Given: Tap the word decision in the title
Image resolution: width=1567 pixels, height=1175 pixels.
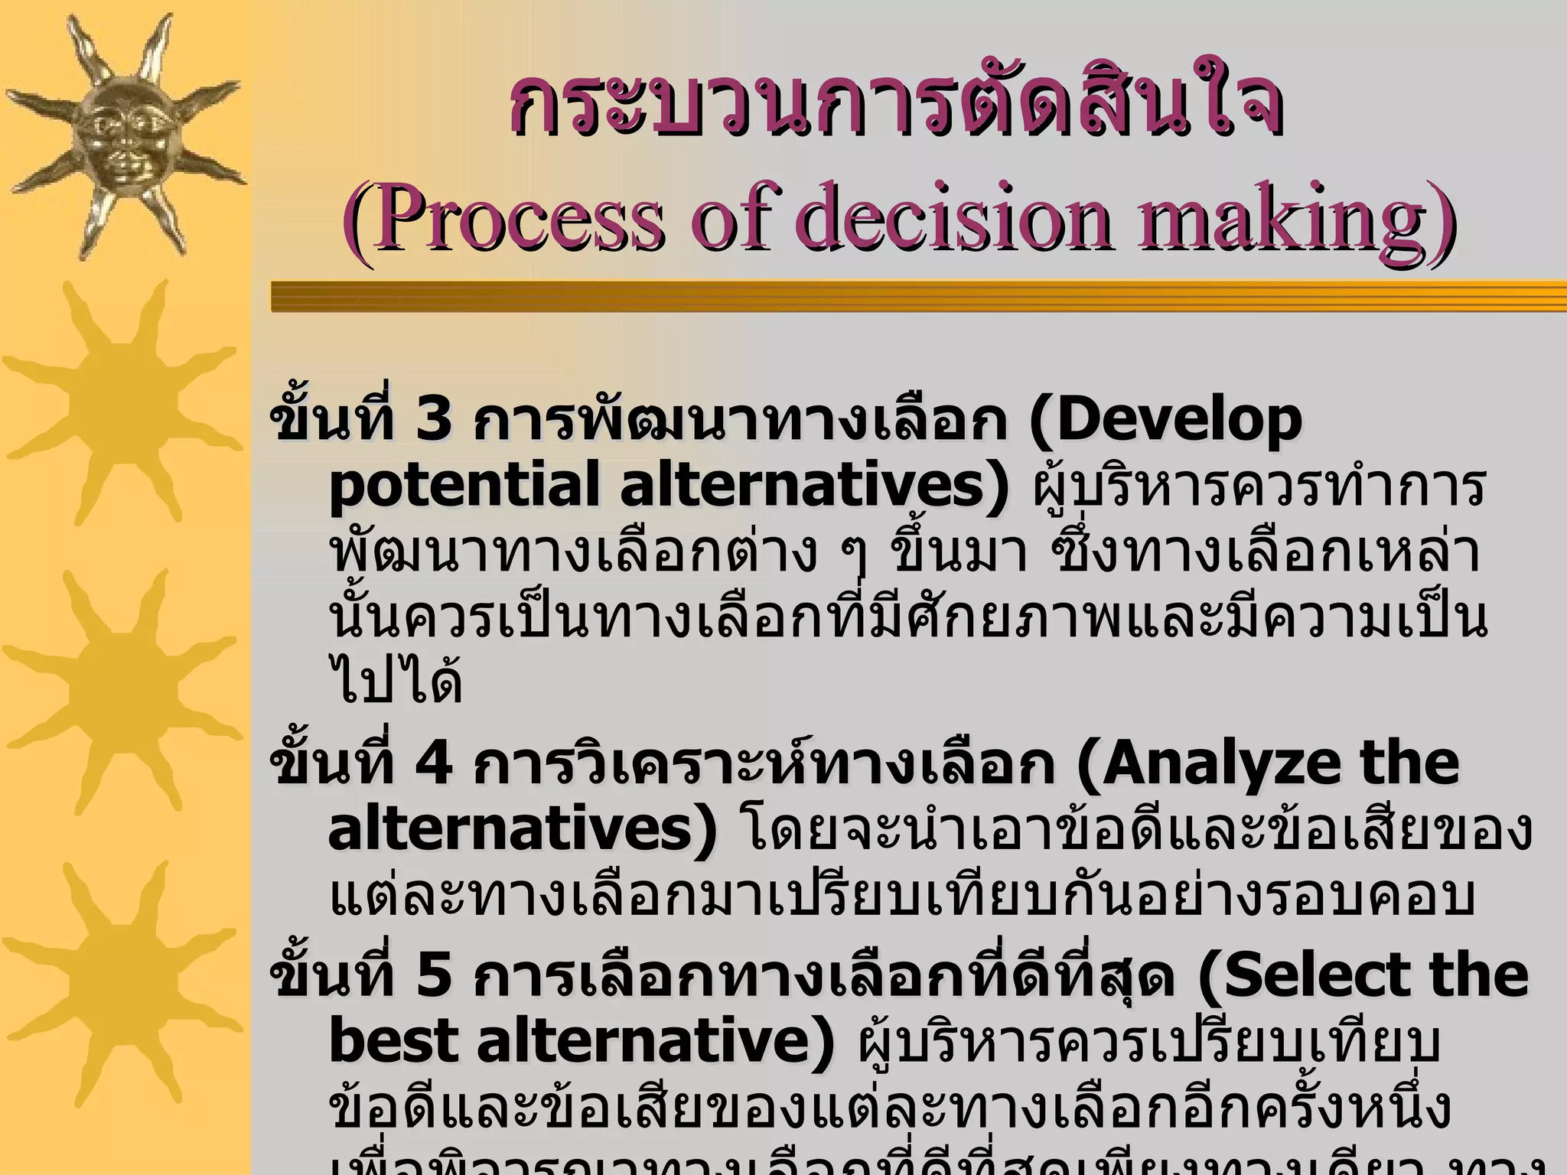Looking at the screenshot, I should tap(952, 217).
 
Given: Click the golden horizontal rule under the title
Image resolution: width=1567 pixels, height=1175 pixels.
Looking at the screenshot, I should tap(918, 297).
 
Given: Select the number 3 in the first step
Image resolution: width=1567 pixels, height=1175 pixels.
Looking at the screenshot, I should tap(434, 420).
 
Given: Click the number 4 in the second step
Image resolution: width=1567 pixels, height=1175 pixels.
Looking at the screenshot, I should tap(434, 763).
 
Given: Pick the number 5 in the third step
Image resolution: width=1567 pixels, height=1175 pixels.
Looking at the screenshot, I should tap(434, 975).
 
